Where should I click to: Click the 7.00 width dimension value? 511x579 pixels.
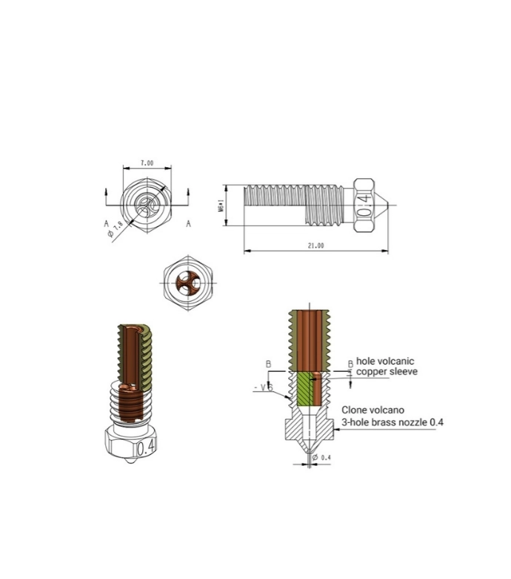[147, 162]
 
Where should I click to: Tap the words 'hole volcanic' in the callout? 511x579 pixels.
[386, 361]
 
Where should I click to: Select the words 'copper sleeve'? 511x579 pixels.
[387, 372]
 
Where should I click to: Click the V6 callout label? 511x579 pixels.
[265, 387]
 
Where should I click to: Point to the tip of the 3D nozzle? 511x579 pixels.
[129, 465]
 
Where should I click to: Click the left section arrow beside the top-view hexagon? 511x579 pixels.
[107, 194]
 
